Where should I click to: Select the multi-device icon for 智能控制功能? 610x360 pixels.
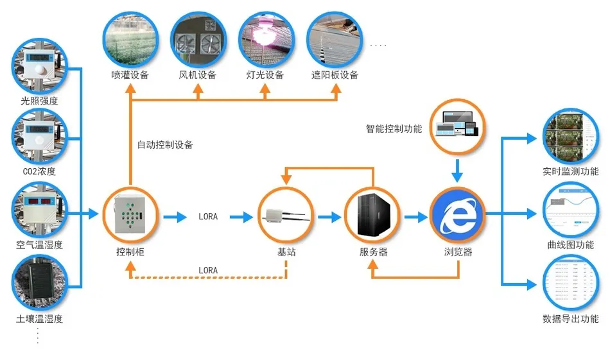point(457,125)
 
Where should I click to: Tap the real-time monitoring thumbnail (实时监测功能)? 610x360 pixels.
point(570,137)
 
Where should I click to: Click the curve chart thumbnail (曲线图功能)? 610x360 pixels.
point(570,210)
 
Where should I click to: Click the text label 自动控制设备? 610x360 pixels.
point(165,145)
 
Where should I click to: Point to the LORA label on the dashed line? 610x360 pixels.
point(208,270)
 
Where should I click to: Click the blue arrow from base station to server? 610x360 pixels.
point(329,218)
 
